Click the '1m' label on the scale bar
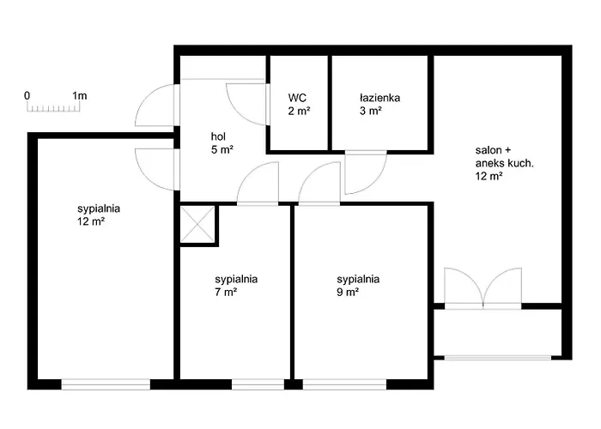(80, 95)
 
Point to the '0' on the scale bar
(27, 95)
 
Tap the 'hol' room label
(219, 136)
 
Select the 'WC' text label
(297, 98)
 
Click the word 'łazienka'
(379, 98)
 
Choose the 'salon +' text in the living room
(493, 149)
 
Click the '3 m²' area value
(371, 111)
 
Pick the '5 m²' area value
(222, 149)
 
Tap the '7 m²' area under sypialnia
(226, 292)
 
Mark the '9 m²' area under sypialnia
(348, 292)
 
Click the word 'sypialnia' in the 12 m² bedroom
(98, 208)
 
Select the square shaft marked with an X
(197, 226)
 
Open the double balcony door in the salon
(483, 287)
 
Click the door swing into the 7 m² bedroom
(258, 185)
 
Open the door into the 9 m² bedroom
(319, 185)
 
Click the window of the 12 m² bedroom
(106, 384)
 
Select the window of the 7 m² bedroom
(258, 384)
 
